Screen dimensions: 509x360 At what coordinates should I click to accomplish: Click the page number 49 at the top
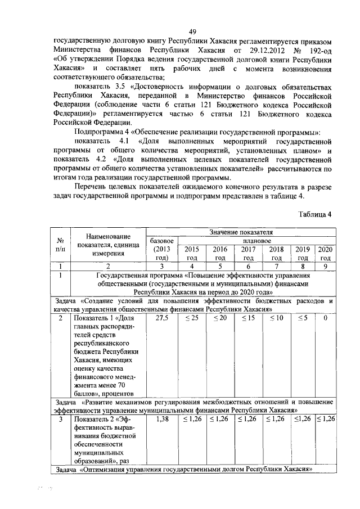pos(192,31)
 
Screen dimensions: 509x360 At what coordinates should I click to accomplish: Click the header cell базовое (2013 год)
pos(160,249)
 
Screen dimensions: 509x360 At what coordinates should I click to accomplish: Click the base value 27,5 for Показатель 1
pos(161,318)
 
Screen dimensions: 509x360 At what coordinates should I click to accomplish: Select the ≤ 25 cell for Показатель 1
pos(192,318)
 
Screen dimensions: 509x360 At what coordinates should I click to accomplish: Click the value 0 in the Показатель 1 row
pos(325,318)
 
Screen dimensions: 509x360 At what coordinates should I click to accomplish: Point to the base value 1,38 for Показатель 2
pos(161,419)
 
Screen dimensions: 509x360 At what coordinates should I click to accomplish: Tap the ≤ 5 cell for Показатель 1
pos(303,318)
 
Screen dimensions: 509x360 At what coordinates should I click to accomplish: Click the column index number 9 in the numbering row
pos(325,267)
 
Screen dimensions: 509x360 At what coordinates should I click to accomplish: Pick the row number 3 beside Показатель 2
pos(60,419)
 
